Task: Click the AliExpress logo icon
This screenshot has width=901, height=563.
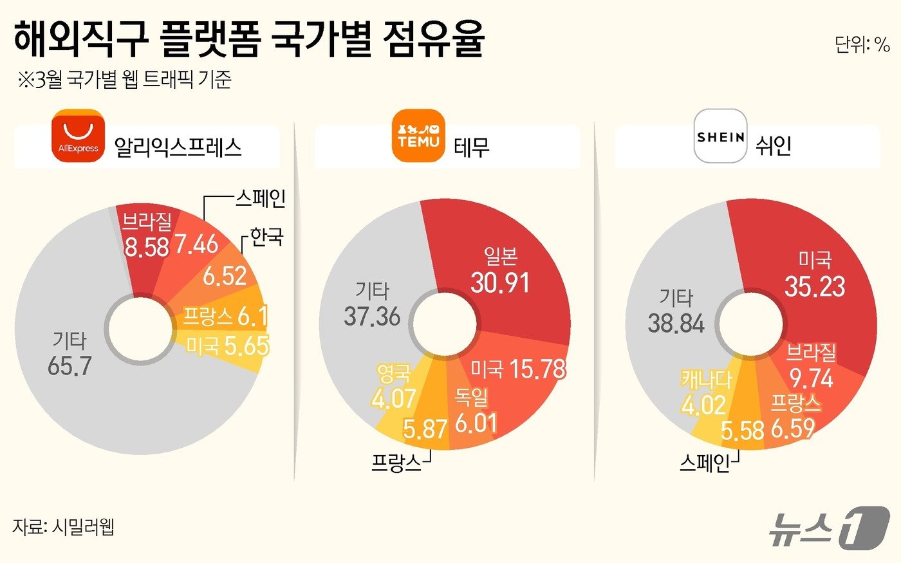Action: [x=78, y=136]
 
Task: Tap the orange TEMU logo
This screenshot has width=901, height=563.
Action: [x=418, y=136]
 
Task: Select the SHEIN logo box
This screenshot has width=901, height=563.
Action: [x=720, y=136]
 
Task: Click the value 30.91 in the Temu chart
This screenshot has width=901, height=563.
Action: [x=500, y=282]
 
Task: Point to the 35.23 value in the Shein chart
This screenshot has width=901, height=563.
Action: [x=814, y=286]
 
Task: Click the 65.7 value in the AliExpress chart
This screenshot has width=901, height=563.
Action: [x=70, y=365]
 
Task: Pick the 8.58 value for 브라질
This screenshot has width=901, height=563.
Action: [x=146, y=246]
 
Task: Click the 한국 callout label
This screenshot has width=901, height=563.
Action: [x=266, y=237]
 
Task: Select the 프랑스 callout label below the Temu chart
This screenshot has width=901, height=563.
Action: [x=396, y=463]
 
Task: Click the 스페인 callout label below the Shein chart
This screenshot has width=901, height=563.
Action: [x=704, y=463]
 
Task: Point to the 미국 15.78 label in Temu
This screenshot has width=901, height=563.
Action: [x=518, y=369]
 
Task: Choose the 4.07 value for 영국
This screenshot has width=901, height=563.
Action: [x=393, y=399]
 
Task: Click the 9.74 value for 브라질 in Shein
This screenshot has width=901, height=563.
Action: [x=811, y=378]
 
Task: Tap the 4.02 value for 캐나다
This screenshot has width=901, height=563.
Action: [x=703, y=405]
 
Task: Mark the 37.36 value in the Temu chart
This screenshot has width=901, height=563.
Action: [x=372, y=316]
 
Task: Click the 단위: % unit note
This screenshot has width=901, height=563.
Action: [x=862, y=44]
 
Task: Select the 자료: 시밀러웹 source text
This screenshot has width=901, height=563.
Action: [x=63, y=527]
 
